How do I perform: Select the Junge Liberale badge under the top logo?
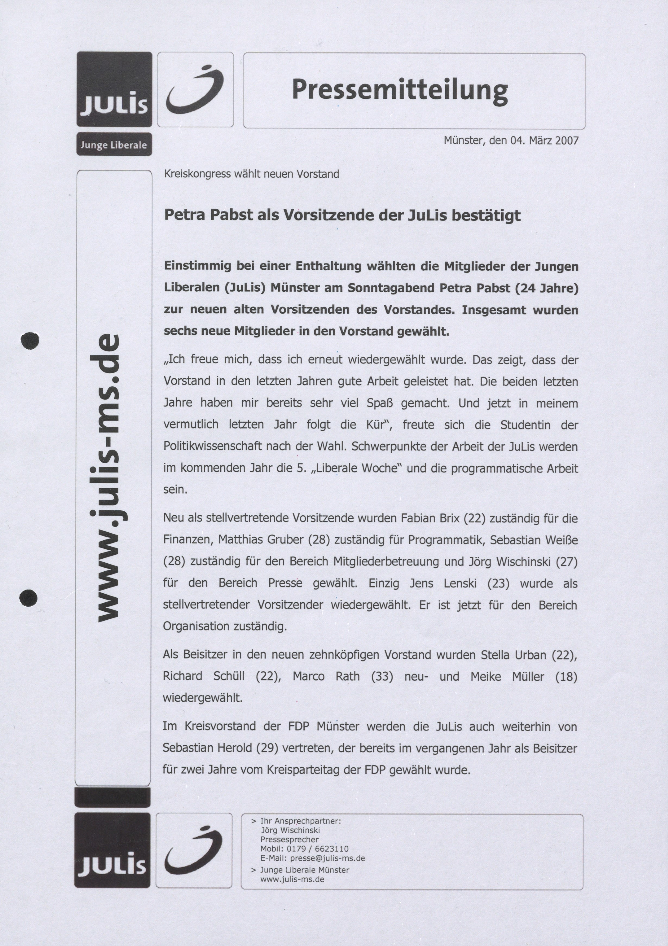click(x=114, y=145)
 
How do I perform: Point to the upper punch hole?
click(x=30, y=340)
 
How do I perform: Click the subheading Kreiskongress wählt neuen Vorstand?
click(x=251, y=174)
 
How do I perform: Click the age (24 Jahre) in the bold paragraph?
click(x=547, y=288)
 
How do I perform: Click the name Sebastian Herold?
click(x=207, y=748)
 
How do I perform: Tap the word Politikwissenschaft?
click(x=213, y=447)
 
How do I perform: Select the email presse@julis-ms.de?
click(x=327, y=858)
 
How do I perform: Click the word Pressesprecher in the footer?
click(x=289, y=839)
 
